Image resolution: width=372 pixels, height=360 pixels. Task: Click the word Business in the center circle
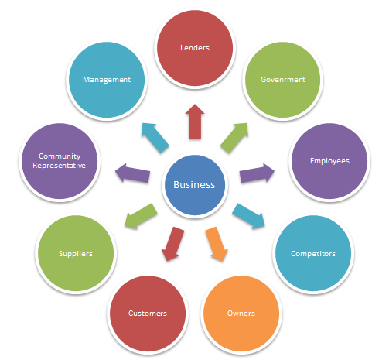(194, 185)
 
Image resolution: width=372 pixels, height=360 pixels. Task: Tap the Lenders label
(195, 48)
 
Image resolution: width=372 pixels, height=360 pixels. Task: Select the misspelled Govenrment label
(283, 80)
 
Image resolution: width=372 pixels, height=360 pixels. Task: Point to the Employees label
(329, 161)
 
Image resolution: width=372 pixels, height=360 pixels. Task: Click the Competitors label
(313, 254)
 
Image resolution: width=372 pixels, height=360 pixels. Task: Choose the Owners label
(241, 314)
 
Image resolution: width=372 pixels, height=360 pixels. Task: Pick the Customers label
(148, 314)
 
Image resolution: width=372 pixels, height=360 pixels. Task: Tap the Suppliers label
(75, 254)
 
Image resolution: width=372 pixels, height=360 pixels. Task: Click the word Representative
(59, 166)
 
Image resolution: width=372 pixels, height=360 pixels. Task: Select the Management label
(107, 80)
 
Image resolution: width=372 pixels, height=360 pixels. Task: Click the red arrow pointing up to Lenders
(195, 122)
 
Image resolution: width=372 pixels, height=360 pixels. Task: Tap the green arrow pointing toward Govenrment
(234, 138)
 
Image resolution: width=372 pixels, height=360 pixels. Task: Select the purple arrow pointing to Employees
(257, 173)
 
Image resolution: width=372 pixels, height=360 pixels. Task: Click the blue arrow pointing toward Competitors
(249, 216)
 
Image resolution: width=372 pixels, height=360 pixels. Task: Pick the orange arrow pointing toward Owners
(217, 244)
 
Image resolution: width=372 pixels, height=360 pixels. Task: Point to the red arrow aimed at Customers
(172, 244)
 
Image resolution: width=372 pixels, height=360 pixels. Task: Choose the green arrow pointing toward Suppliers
(141, 216)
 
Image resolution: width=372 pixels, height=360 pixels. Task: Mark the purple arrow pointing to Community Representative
(132, 173)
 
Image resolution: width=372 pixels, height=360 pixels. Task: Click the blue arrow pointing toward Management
(155, 138)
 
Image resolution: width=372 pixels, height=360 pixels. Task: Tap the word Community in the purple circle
(60, 156)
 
